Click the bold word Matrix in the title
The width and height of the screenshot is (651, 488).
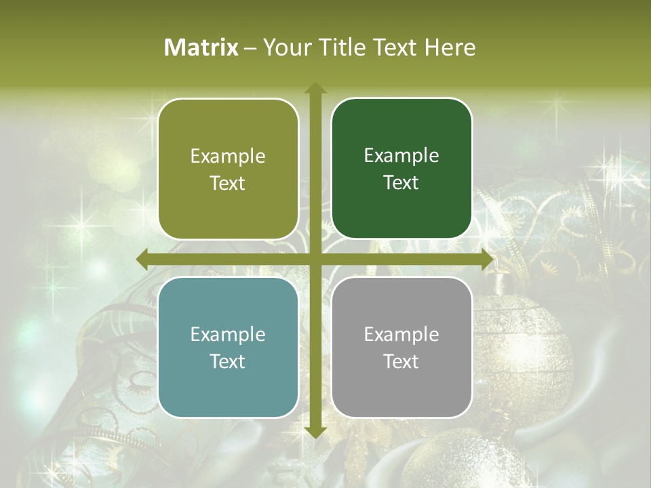point(201,47)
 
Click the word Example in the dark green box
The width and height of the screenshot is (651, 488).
point(401,156)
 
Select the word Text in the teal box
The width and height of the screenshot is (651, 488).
point(228,361)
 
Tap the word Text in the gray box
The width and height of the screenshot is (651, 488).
point(401,361)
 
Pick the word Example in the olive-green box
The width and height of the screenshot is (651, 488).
point(228,157)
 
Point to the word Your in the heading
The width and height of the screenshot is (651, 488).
point(284,47)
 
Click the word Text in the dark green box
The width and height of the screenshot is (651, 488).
point(401,183)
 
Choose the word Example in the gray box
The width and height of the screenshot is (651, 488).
point(401,334)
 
